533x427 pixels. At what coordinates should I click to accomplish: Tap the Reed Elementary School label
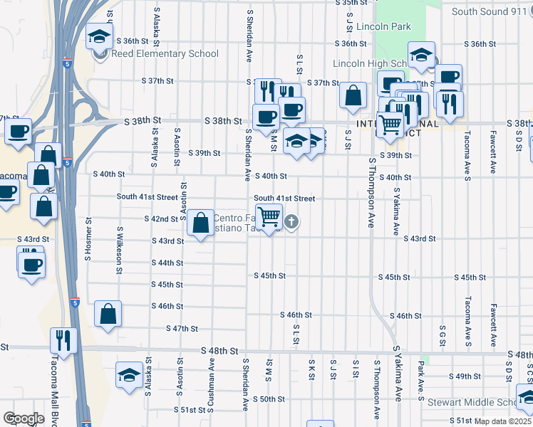pos(164,54)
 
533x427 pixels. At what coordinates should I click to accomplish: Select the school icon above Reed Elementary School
pos(99,36)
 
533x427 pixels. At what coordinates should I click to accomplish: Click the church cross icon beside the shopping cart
pos(291,223)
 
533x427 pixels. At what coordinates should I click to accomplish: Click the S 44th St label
pos(167,263)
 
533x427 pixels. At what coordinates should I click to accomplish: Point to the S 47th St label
pos(181,329)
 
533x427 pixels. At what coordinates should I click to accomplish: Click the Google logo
pos(23,418)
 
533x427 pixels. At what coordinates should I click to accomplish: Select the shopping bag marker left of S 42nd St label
pos(201,223)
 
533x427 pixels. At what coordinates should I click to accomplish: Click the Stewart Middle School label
pos(470,402)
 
